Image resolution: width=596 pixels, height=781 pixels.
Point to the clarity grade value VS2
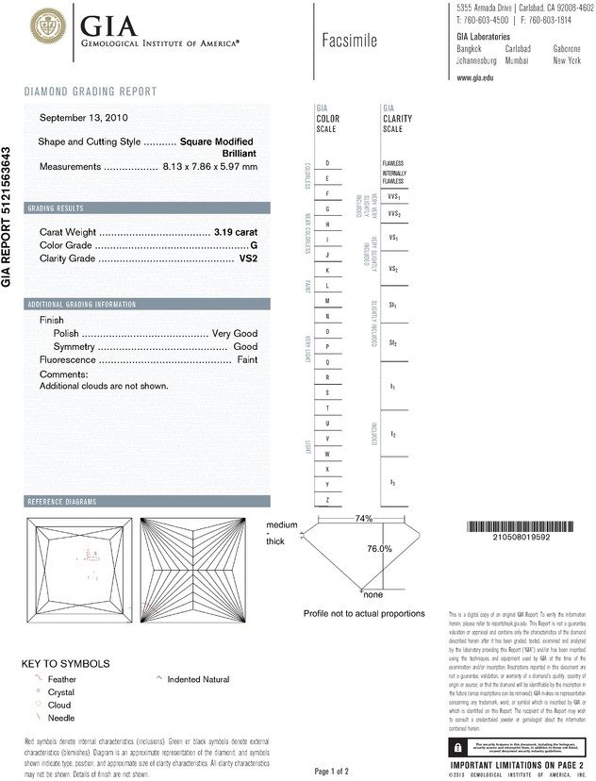(x=249, y=258)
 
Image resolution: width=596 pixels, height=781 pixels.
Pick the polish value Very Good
(x=235, y=334)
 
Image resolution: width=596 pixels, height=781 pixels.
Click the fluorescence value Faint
(x=247, y=360)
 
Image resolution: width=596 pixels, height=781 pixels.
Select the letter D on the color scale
(x=326, y=163)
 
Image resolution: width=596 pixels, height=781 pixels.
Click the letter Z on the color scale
(x=326, y=498)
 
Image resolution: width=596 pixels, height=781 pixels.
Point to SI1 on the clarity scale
(x=392, y=307)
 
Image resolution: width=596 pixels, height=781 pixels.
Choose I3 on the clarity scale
(x=392, y=483)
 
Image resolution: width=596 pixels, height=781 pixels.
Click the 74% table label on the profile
(x=364, y=519)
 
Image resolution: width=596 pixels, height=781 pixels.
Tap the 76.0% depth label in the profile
(x=379, y=548)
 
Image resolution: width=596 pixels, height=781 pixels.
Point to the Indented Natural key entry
(x=198, y=678)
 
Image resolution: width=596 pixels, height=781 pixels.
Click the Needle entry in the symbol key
(x=60, y=718)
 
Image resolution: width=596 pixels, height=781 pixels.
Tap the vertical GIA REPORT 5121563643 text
(x=8, y=216)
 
